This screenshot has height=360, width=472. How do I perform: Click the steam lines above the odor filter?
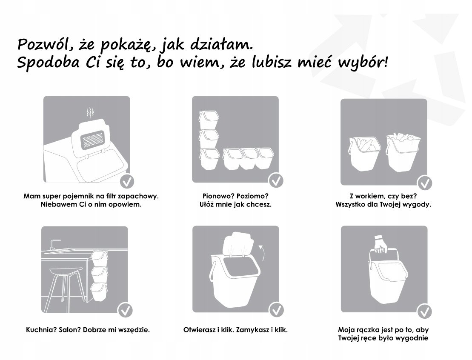pos(90,113)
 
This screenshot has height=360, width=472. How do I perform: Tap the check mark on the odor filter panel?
pos(126,181)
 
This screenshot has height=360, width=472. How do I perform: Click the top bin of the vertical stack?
pos(209,120)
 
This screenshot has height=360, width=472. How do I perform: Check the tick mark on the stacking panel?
pos(276,180)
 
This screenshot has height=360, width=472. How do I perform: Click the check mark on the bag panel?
pos(424,183)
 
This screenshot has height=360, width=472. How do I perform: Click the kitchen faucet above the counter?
pos(54,244)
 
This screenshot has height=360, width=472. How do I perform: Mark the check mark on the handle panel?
pos(424,311)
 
